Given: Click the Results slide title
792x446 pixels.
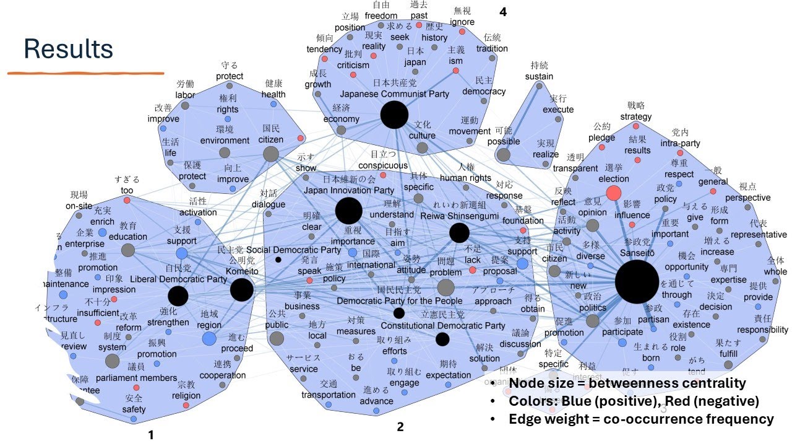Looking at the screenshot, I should pyautogui.click(x=68, y=49).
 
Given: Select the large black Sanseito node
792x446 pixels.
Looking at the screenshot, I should pyautogui.click(x=637, y=282).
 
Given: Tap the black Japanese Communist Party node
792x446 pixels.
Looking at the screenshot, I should pyautogui.click(x=394, y=115).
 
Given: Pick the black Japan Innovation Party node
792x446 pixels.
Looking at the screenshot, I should pyautogui.click(x=348, y=211).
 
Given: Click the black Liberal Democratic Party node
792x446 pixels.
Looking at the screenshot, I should pyautogui.click(x=178, y=296).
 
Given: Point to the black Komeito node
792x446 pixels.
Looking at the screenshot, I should pyautogui.click(x=241, y=289).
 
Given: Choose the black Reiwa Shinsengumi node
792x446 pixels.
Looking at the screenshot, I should pyautogui.click(x=459, y=233).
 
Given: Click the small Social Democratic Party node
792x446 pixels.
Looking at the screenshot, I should pyautogui.click(x=278, y=260).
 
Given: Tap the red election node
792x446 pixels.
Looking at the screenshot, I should pyautogui.click(x=613, y=193).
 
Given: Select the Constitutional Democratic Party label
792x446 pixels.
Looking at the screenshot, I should pyautogui.click(x=442, y=326).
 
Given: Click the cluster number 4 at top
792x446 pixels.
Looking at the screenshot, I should pyautogui.click(x=503, y=11).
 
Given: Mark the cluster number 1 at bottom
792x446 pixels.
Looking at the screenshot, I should pyautogui.click(x=150, y=435).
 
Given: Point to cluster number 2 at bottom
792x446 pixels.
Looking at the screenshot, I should pyautogui.click(x=400, y=427).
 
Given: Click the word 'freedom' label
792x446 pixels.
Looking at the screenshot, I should pyautogui.click(x=381, y=15).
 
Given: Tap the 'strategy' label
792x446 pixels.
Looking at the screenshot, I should pyautogui.click(x=636, y=116).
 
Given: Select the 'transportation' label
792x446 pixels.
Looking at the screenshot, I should pyautogui.click(x=329, y=395).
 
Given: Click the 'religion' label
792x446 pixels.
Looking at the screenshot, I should pyautogui.click(x=186, y=396).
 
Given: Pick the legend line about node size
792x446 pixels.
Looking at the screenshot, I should pyautogui.click(x=627, y=383).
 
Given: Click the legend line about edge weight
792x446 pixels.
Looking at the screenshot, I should pyautogui.click(x=641, y=419).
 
